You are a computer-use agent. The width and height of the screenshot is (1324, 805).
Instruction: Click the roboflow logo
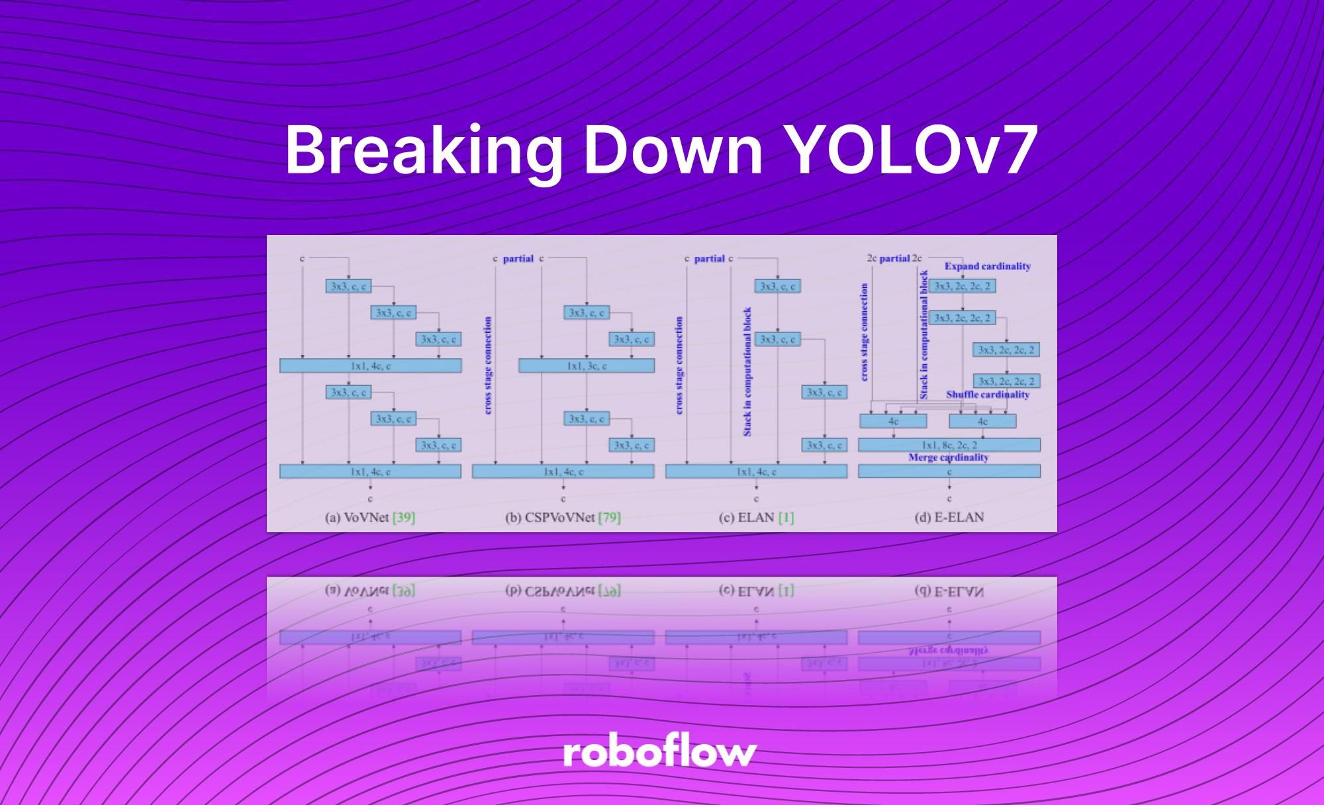(x=660, y=753)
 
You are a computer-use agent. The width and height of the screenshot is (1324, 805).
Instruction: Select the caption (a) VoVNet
(x=357, y=517)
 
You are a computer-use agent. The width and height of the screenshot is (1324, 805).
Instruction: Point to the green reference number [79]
(x=609, y=517)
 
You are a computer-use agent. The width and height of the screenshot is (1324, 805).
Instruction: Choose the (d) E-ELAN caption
(x=949, y=517)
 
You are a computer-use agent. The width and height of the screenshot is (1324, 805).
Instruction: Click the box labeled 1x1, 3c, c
(x=587, y=365)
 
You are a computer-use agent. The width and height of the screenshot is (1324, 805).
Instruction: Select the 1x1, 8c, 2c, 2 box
(x=949, y=445)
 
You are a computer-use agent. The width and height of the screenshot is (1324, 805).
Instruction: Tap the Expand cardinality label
(x=987, y=266)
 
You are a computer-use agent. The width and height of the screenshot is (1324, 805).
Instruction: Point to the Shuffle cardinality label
(x=987, y=395)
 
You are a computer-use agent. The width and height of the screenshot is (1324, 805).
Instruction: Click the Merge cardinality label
(x=948, y=457)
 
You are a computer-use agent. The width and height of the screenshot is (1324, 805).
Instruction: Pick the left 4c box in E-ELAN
(x=893, y=421)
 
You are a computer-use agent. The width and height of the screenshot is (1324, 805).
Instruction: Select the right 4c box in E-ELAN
(x=982, y=421)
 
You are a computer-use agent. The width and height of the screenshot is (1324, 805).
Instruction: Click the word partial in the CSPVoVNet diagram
(x=518, y=258)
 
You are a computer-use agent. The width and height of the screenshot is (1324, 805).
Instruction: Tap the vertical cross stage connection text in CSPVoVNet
(x=488, y=365)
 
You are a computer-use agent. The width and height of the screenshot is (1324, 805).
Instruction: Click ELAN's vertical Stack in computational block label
(x=747, y=371)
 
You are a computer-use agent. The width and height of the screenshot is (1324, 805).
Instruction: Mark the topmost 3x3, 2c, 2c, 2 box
(x=962, y=286)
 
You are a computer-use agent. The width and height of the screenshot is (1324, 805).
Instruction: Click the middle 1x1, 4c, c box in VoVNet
(x=370, y=365)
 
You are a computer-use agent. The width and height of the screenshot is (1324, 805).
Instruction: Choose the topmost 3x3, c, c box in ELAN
(x=778, y=286)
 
